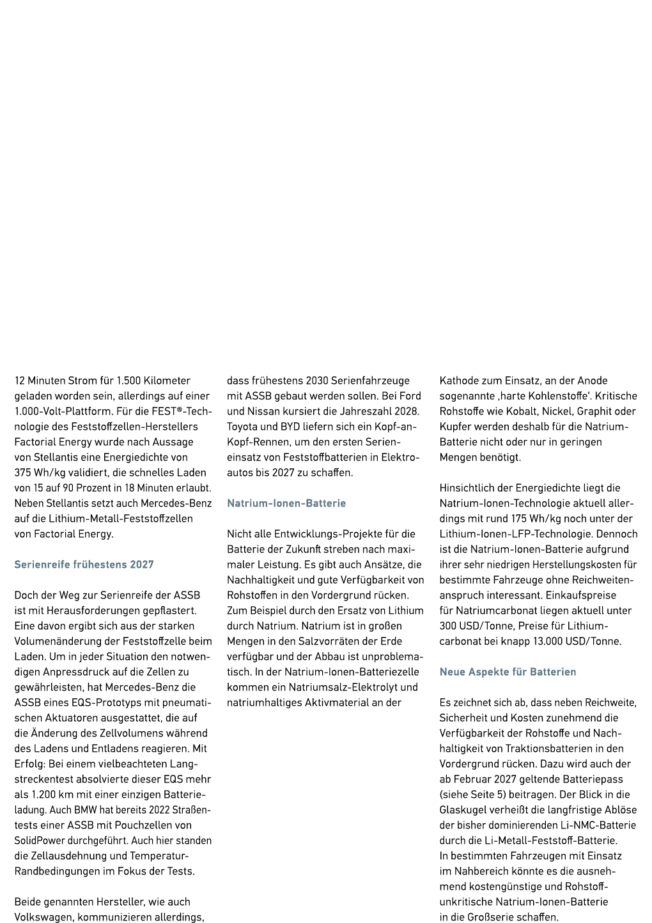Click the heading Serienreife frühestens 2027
tap(84, 564)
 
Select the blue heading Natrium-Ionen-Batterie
tap(286, 503)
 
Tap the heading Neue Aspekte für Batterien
tap(508, 671)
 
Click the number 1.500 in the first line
tap(128, 380)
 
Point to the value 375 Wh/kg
tap(42, 473)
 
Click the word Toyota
tap(242, 427)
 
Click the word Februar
tap(472, 779)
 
